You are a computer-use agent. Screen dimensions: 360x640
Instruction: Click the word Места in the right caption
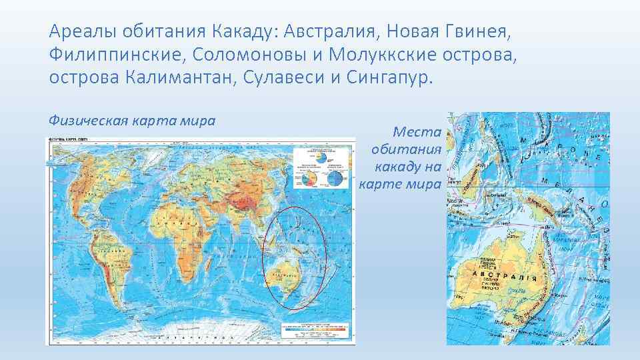click(x=417, y=133)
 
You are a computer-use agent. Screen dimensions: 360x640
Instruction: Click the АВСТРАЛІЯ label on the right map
click(x=507, y=274)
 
